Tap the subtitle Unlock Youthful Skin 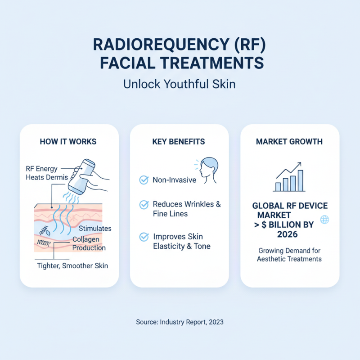(x=180, y=84)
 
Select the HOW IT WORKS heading (x=68, y=142)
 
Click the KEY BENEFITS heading (x=179, y=142)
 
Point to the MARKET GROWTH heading (x=289, y=142)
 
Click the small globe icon (x=324, y=220)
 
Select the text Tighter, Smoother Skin (x=72, y=265)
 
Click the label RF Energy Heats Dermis (x=47, y=173)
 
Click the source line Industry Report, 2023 (x=180, y=322)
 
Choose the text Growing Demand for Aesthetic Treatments (x=289, y=255)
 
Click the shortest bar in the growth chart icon (x=277, y=187)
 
